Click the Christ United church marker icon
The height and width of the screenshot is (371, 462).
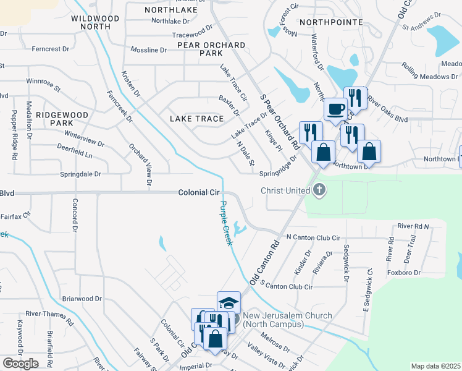tap(319, 190)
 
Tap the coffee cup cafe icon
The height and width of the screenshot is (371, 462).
tap(336, 109)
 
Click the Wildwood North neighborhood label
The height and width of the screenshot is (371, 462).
tap(95, 23)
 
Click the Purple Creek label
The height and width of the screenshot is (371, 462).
tap(226, 223)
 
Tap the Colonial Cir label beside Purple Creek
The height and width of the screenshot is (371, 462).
tap(199, 192)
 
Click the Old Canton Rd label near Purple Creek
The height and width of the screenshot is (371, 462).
tap(265, 262)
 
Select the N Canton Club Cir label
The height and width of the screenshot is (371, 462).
tap(313, 237)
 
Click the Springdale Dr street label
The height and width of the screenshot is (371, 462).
tap(80, 174)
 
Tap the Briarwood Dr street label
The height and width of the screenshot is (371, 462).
tap(82, 299)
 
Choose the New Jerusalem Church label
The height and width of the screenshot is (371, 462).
tap(287, 319)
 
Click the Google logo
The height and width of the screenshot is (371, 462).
tap(20, 363)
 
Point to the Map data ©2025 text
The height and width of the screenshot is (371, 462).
tap(435, 366)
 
